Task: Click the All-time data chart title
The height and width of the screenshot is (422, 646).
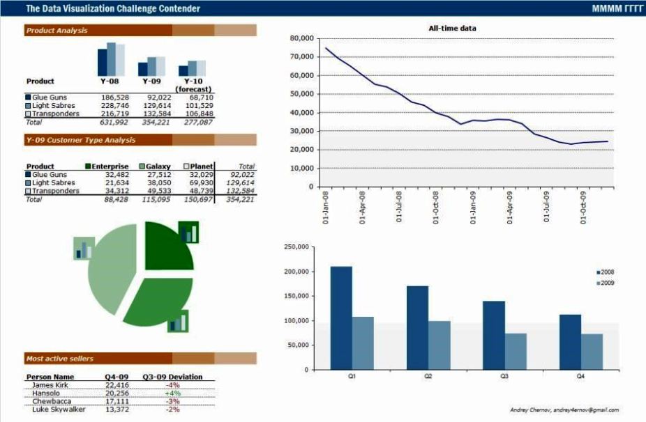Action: coord(452,28)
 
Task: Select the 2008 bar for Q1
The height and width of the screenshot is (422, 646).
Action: coord(341,318)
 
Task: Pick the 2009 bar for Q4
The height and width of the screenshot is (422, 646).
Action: coord(592,352)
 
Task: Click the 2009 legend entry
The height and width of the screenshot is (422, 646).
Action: coord(607,283)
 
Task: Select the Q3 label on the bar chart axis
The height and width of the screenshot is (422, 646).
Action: coord(504,376)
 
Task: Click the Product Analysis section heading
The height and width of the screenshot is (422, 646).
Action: coord(57,31)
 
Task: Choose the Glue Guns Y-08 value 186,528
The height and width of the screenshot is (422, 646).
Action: coord(115,97)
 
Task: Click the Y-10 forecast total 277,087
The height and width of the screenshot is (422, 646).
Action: coord(200,122)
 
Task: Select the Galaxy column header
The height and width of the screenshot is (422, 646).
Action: coord(158,166)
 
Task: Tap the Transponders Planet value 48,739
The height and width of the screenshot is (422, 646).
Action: coord(201,191)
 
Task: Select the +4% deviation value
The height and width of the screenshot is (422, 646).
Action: coord(173,393)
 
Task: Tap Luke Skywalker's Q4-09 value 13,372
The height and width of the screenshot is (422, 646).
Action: coord(117,409)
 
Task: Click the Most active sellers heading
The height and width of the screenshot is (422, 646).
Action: coord(59,359)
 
